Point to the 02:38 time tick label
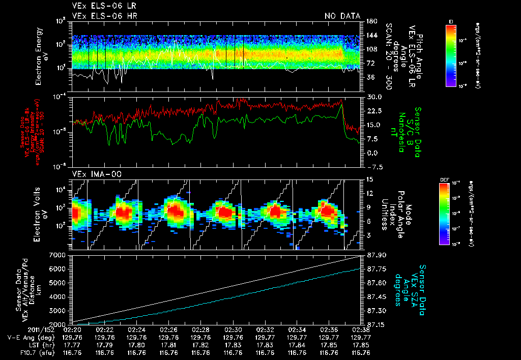[x=361, y=329]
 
